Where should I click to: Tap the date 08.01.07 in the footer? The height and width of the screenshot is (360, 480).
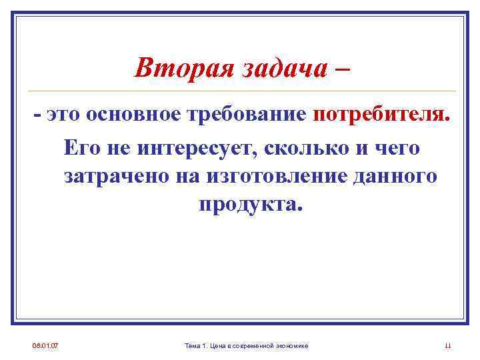coord(45,345)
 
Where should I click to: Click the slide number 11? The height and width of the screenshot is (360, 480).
coord(447,345)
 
